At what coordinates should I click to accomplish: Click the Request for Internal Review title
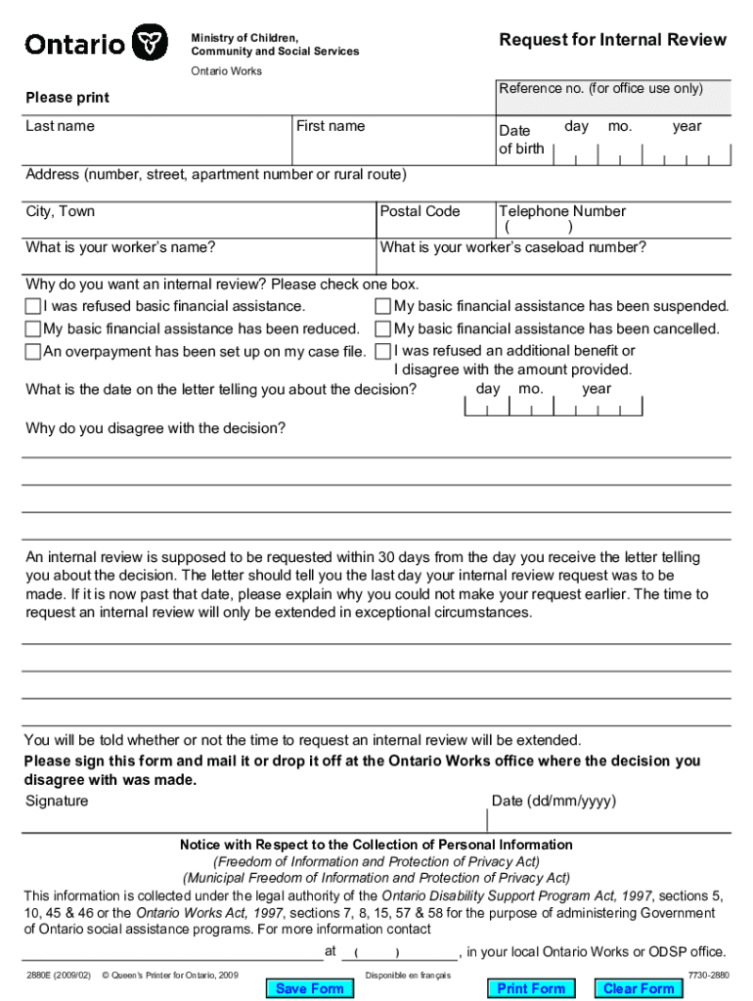tap(612, 39)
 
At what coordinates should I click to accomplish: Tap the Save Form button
tap(309, 988)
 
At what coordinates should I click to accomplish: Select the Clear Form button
tap(639, 988)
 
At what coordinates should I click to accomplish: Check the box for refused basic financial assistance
tap(33, 307)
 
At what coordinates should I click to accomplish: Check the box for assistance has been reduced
tap(33, 329)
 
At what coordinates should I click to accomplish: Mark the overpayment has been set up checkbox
tap(33, 352)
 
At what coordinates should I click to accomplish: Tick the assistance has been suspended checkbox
tap(383, 307)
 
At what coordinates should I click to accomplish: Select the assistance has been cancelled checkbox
tap(383, 329)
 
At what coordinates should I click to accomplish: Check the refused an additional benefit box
tap(383, 351)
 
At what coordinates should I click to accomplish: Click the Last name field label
tap(60, 126)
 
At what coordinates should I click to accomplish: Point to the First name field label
tap(331, 126)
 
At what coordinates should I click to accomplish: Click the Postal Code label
tap(420, 211)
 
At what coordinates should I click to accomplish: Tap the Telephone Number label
tap(562, 211)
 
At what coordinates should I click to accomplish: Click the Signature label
tap(57, 801)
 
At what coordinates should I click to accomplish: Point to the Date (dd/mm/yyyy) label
tap(554, 801)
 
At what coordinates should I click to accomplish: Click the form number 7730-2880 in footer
tap(708, 976)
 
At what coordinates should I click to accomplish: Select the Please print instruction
tap(67, 98)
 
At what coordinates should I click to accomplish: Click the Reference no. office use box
tap(613, 98)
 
